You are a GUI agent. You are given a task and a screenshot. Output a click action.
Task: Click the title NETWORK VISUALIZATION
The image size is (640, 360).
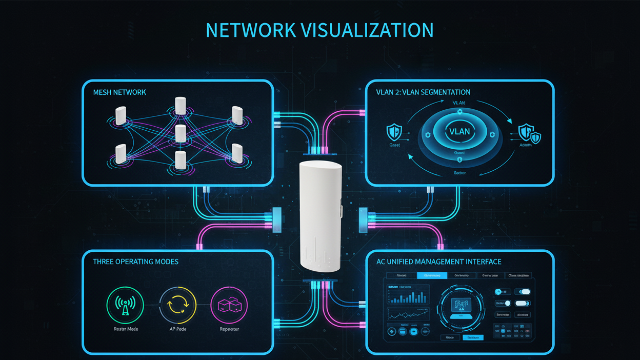point(319,30)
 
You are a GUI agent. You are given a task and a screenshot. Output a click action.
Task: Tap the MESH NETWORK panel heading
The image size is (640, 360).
point(119,92)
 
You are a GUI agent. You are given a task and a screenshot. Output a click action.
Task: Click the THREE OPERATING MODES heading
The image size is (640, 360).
point(136,262)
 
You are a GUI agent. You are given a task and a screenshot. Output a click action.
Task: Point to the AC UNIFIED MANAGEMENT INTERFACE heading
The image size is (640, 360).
point(439,262)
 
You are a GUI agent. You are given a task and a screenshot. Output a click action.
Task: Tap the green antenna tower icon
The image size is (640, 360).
point(125,305)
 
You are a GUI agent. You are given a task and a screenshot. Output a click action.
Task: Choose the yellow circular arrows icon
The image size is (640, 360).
point(177,305)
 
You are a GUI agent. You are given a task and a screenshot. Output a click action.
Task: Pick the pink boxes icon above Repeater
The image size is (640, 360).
point(229,305)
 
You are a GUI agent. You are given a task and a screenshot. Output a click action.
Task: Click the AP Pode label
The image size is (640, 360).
point(177,329)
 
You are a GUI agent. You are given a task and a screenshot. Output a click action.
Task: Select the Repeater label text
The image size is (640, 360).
point(229,329)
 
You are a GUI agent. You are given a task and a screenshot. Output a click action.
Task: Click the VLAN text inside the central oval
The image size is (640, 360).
point(459,131)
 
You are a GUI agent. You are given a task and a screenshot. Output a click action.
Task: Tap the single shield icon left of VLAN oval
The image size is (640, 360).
point(393,132)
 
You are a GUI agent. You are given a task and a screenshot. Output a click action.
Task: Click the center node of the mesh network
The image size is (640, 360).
point(180,133)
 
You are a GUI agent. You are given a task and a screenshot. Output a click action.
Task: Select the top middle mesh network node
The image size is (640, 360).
point(180,106)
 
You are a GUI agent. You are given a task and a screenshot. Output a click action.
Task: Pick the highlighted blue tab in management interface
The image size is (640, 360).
point(432,275)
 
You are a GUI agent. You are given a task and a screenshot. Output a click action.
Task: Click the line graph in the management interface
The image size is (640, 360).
point(408,314)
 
